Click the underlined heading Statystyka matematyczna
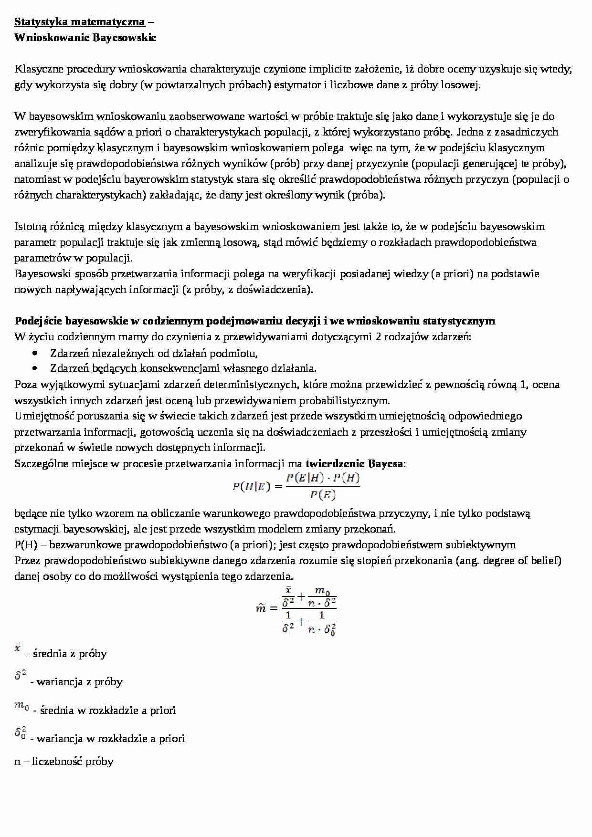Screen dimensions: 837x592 [79, 22]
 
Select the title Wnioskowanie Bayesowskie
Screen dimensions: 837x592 [85, 38]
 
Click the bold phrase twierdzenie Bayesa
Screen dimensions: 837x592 [355, 463]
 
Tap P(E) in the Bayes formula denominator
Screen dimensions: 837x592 [323, 495]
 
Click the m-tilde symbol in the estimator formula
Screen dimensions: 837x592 [260, 608]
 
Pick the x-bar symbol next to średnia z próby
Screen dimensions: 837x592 [18, 648]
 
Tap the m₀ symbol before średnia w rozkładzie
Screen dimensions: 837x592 [21, 707]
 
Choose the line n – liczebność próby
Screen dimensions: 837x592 [64, 761]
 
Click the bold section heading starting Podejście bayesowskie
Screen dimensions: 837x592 [254, 321]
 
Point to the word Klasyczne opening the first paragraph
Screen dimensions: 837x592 [39, 69]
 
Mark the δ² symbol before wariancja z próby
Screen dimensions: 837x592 [20, 675]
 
